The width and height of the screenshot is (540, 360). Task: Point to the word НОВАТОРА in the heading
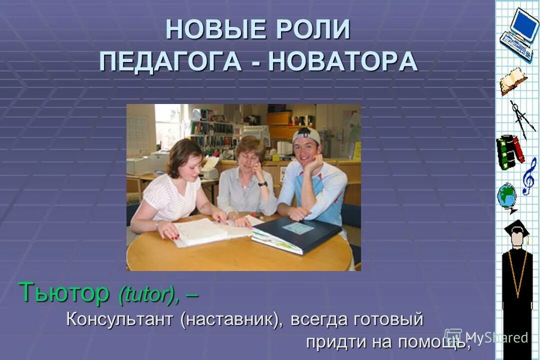343,61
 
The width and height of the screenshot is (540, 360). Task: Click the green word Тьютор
64,293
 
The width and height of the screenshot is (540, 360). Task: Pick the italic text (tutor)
148,295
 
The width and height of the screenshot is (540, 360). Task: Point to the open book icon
512,80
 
